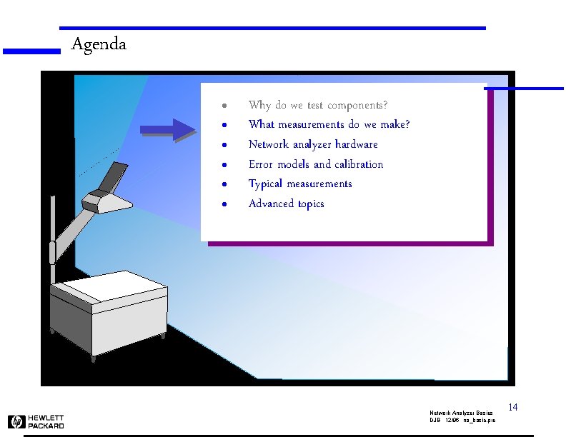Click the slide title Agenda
click(x=99, y=44)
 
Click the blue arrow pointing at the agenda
click(x=167, y=129)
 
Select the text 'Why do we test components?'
click(x=318, y=105)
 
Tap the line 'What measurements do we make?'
click(x=329, y=125)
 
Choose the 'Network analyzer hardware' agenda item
click(x=313, y=144)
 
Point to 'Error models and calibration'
click(x=316, y=164)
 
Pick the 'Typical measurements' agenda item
click(x=300, y=184)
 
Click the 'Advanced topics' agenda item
click(x=286, y=204)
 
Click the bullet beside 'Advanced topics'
click(x=224, y=204)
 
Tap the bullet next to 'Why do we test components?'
click(x=224, y=106)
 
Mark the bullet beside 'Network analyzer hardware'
click(x=224, y=145)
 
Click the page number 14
click(x=512, y=407)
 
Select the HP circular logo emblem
click(x=16, y=421)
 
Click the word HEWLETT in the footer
click(x=46, y=418)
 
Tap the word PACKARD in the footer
click(x=46, y=426)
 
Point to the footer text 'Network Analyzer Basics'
click(x=461, y=413)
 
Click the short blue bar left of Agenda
click(x=31, y=51)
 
